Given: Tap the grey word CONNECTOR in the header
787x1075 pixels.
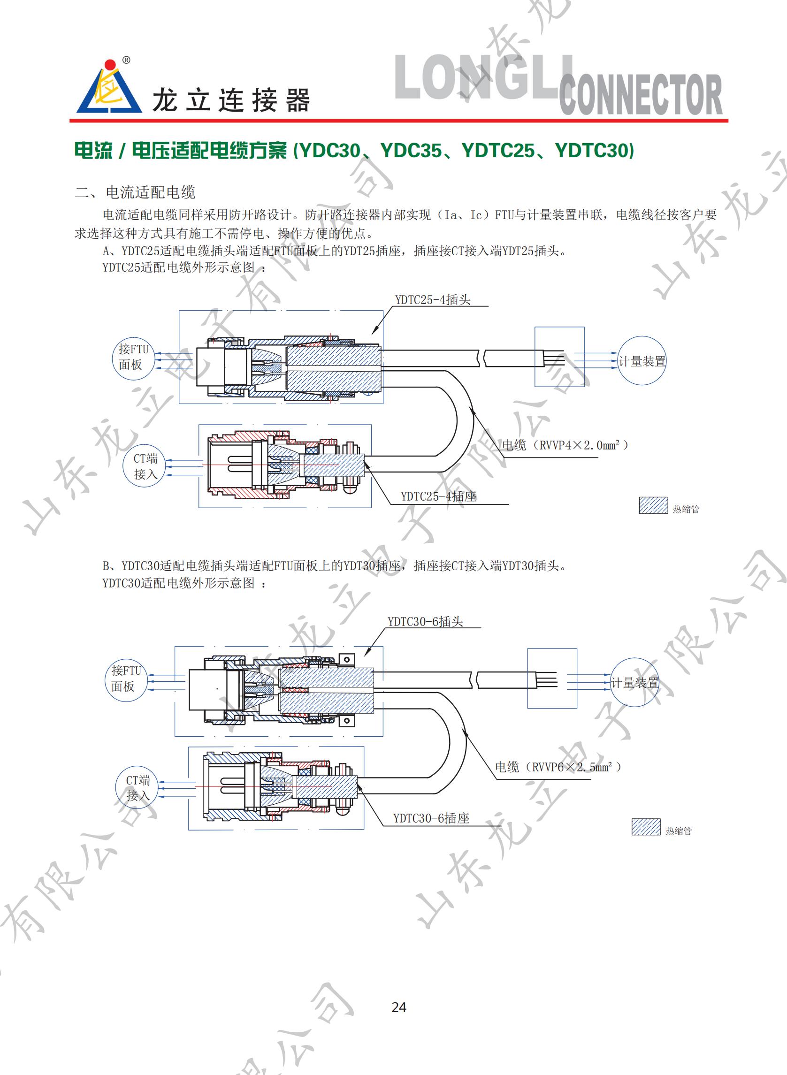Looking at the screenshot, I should click(x=640, y=95).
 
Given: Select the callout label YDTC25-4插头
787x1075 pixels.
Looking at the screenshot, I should click(x=432, y=299).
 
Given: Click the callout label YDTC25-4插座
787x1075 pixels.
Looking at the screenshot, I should click(x=438, y=496).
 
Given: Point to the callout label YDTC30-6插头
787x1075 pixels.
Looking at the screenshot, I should click(x=425, y=621).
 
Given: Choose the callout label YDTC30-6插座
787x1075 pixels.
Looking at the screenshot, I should click(x=431, y=818).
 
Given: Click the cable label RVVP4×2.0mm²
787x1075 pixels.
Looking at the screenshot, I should click(x=565, y=445).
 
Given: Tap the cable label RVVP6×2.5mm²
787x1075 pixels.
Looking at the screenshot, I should click(x=558, y=767).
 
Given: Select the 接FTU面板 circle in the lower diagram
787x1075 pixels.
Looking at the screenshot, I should click(x=125, y=679).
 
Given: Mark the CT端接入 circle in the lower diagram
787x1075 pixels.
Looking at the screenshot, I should click(x=138, y=788).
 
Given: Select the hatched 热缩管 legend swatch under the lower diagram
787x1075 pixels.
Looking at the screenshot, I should click(x=646, y=827).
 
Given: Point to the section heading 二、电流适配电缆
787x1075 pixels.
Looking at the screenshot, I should click(x=135, y=192).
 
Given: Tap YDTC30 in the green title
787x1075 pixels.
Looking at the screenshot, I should click(x=594, y=151).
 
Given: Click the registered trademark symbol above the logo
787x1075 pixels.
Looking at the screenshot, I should click(x=126, y=61).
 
